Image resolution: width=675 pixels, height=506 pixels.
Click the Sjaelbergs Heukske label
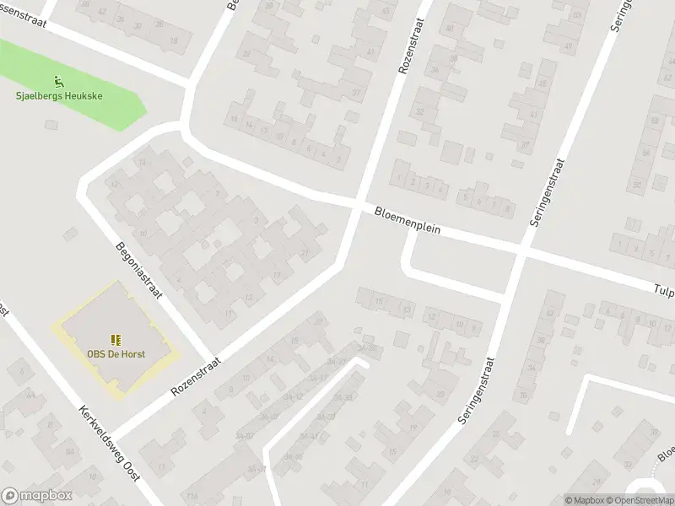(x=59, y=96)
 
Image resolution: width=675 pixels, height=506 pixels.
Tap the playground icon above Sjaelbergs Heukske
(x=58, y=82)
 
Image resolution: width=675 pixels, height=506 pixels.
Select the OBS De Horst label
(x=116, y=353)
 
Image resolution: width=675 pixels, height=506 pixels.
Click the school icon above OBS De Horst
(x=116, y=339)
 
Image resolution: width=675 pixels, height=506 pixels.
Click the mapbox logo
(x=37, y=495)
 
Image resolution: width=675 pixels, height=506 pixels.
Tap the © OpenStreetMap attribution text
(x=639, y=500)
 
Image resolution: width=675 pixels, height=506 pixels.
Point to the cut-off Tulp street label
(x=664, y=288)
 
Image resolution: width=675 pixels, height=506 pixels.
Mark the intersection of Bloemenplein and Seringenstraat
(x=521, y=250)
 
